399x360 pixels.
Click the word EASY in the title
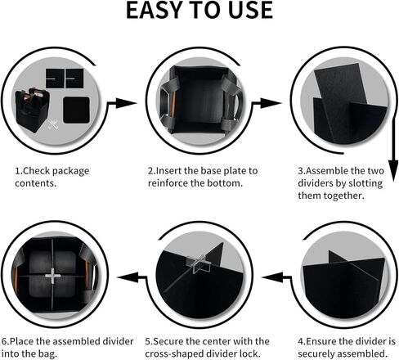(x=154, y=10)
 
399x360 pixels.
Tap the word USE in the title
(x=250, y=10)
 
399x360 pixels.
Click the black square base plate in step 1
(x=76, y=110)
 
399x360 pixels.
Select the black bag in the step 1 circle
(x=32, y=110)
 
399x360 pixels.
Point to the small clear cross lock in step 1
(x=53, y=124)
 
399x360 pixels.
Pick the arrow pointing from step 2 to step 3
(x=267, y=103)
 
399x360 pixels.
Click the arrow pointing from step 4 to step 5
(x=276, y=277)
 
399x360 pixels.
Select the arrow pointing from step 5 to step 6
(x=132, y=277)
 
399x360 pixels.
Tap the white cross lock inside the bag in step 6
(x=53, y=276)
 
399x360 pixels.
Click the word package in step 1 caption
(x=70, y=171)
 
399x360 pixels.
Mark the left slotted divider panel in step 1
(x=55, y=79)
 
